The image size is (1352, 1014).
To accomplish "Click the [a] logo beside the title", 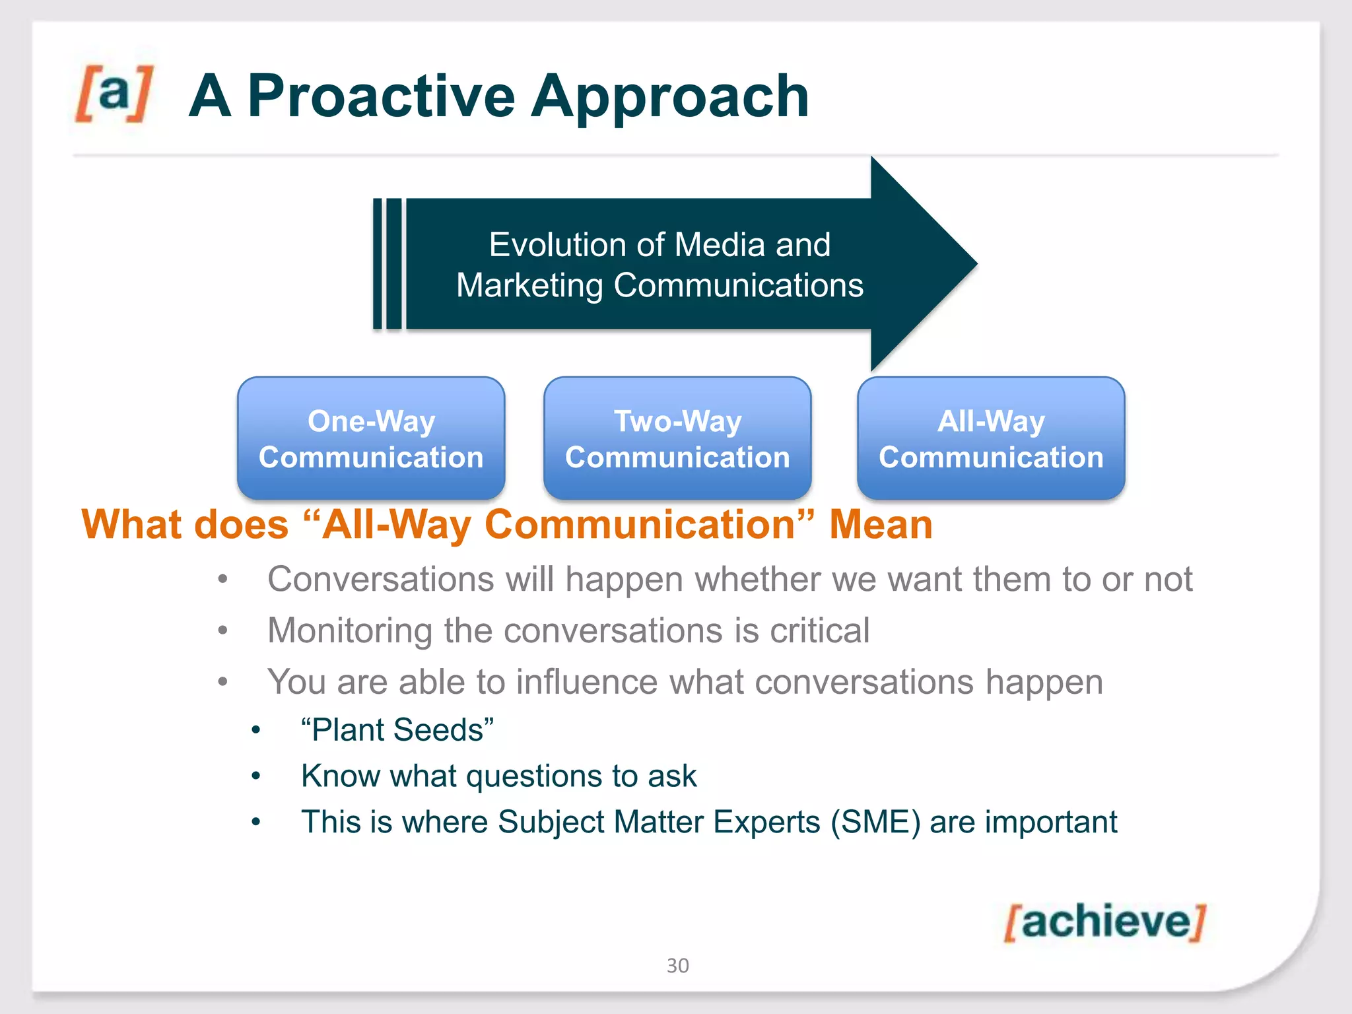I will (114, 93).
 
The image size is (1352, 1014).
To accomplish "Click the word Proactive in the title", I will (381, 96).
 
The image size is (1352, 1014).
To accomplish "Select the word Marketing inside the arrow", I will (529, 285).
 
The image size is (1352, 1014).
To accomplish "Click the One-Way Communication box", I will (371, 438).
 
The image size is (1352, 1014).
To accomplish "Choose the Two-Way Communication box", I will (677, 438).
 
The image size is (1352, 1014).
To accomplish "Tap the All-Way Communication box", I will (991, 438).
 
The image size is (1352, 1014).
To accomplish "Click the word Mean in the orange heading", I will (881, 525).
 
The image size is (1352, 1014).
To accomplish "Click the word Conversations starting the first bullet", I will (380, 580).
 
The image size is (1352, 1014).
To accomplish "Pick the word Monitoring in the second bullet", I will (349, 630).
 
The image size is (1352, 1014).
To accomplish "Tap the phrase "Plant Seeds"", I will (397, 730).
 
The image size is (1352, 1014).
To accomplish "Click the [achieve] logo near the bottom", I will (1104, 922).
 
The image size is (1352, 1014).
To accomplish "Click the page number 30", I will (677, 966).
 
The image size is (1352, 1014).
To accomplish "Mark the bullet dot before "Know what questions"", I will (256, 777).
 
